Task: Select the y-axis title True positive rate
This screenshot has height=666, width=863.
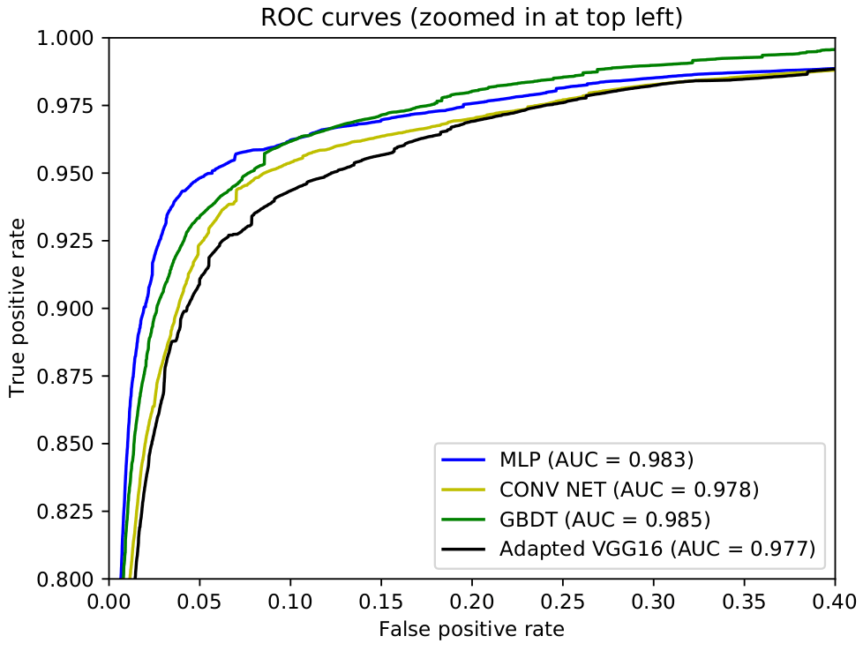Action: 18,307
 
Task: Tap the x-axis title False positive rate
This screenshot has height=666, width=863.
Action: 472,629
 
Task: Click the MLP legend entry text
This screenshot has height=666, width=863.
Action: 597,459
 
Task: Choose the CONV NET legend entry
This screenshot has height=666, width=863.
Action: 629,490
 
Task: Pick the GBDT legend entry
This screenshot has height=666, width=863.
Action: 604,519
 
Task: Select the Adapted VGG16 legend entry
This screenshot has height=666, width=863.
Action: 657,549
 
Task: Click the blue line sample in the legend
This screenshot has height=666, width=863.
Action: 463,460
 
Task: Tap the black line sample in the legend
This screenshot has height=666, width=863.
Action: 463,550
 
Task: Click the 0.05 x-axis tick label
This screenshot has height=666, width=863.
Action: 199,602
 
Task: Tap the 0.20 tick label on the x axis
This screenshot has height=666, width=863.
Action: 472,602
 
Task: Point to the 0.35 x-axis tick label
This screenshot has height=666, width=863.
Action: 744,602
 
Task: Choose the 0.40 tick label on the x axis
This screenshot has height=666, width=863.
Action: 835,602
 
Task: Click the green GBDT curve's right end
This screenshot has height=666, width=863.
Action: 835,49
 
